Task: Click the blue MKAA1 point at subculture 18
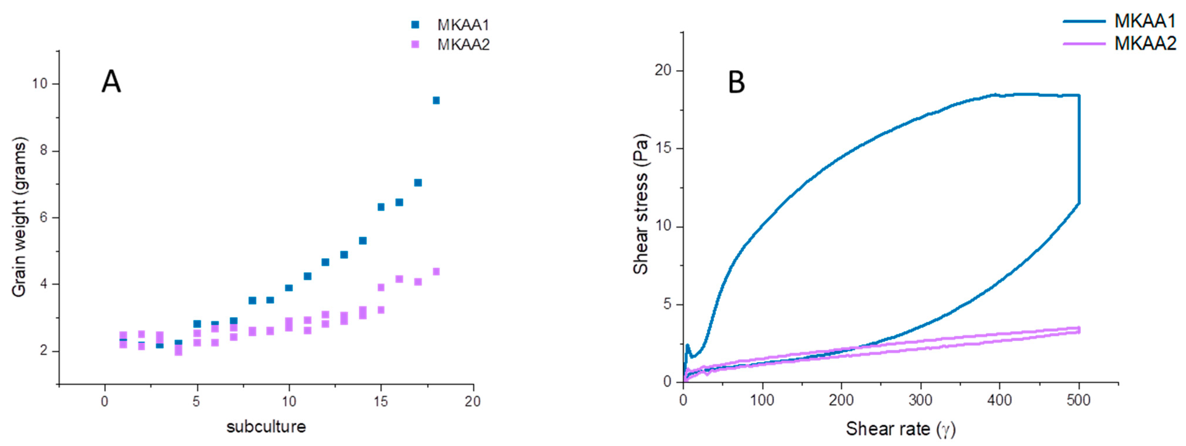tap(436, 100)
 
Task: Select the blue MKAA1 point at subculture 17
tap(418, 183)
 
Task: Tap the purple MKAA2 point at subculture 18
tap(436, 271)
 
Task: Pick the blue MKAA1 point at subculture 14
tap(362, 241)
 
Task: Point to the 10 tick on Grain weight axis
tap(40, 84)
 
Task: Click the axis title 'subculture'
tap(266, 427)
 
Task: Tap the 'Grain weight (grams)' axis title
tap(19, 217)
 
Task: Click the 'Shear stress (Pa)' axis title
tap(640, 204)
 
